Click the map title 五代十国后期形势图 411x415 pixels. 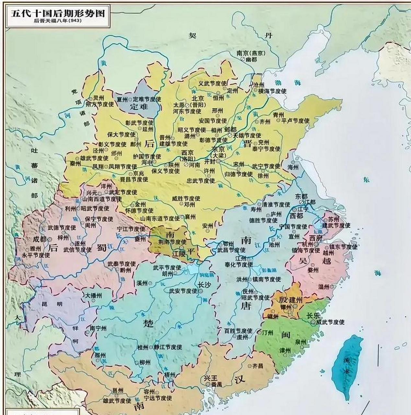[x=58, y=13]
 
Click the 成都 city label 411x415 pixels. [x=40, y=239]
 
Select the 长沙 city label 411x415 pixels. [x=204, y=284]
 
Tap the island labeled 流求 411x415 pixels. [x=347, y=367]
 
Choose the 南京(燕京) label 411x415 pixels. [x=251, y=53]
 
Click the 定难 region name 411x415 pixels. [x=139, y=106]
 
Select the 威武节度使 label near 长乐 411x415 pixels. [x=330, y=322]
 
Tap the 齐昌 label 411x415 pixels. [x=258, y=366]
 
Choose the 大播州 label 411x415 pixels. [x=93, y=296]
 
